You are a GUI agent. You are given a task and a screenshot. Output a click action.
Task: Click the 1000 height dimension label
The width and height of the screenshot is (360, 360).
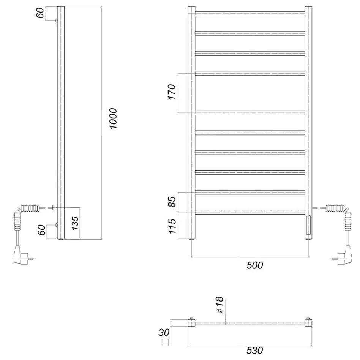coord(113,118)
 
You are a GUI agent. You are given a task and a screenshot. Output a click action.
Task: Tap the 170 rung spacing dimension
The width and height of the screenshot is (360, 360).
coord(172,92)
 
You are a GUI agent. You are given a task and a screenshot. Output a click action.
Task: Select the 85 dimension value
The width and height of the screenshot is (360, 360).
coord(172,202)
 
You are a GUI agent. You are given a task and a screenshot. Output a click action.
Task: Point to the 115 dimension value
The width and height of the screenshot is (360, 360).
coord(172,226)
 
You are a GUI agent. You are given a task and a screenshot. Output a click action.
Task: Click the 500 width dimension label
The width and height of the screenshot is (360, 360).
coord(254,265)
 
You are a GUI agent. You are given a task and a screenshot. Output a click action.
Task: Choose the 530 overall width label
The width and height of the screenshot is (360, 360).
coord(254,351)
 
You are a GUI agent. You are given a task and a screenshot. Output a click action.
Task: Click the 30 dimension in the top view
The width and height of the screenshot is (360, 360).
coord(164,332)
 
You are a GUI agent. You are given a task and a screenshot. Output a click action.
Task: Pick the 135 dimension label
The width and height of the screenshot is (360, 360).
coord(75,223)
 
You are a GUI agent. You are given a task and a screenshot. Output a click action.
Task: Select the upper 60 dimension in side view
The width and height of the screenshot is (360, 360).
coord(40,13)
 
